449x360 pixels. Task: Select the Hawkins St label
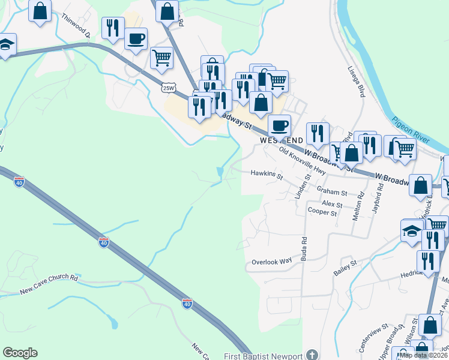(267, 176)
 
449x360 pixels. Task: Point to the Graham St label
(332, 193)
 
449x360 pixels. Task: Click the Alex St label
(331, 205)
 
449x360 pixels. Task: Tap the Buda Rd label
(304, 247)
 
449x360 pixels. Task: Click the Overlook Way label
(271, 262)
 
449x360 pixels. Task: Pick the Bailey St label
(345, 264)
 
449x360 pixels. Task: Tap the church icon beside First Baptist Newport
(311, 355)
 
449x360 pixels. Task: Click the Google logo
(20, 353)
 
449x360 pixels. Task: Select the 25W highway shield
(169, 88)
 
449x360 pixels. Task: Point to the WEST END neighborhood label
(281, 140)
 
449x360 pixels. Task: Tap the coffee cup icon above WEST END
(279, 126)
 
